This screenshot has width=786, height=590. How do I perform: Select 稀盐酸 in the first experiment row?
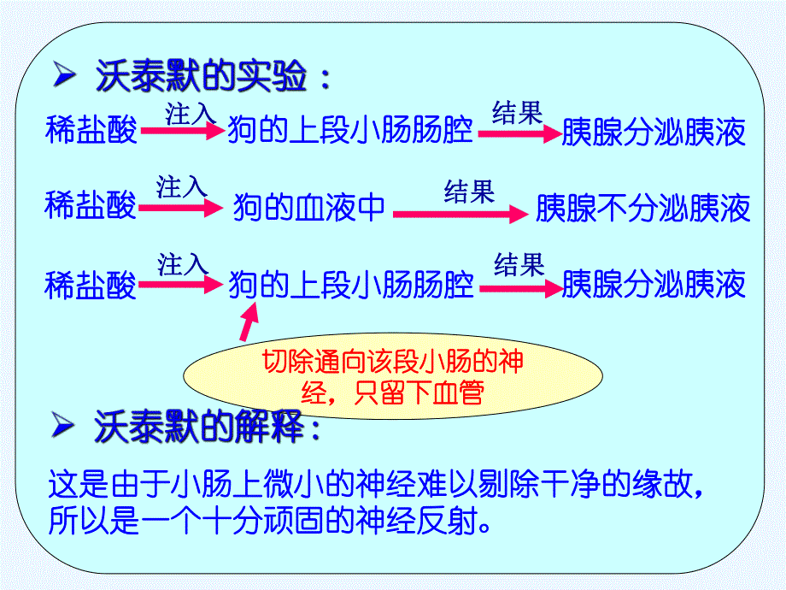point(91,132)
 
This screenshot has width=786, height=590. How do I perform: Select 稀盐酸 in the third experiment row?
point(91,285)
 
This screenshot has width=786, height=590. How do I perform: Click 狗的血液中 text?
point(309,208)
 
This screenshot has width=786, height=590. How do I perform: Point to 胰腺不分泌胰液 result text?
point(642,208)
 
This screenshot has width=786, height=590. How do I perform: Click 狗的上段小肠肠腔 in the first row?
point(350,132)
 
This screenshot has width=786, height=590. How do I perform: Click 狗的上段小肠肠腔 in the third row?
point(350,285)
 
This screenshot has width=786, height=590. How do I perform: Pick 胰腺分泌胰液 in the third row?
point(654,285)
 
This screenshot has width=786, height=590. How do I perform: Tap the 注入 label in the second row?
point(181,186)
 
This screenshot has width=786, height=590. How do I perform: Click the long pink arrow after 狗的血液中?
point(460,215)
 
